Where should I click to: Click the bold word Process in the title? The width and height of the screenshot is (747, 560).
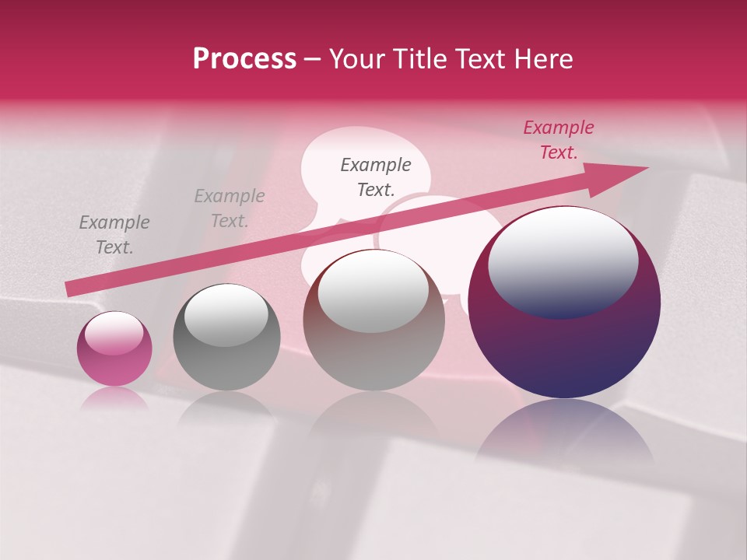click(244, 59)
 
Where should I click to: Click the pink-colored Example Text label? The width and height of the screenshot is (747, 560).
click(558, 140)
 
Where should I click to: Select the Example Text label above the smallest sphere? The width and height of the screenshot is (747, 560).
click(114, 235)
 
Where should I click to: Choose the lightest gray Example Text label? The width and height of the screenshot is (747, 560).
click(229, 208)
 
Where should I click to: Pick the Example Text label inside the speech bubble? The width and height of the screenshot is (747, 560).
click(376, 177)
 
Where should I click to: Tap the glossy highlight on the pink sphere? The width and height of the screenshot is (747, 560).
click(114, 334)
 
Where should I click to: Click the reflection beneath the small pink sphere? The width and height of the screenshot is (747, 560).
click(114, 398)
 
